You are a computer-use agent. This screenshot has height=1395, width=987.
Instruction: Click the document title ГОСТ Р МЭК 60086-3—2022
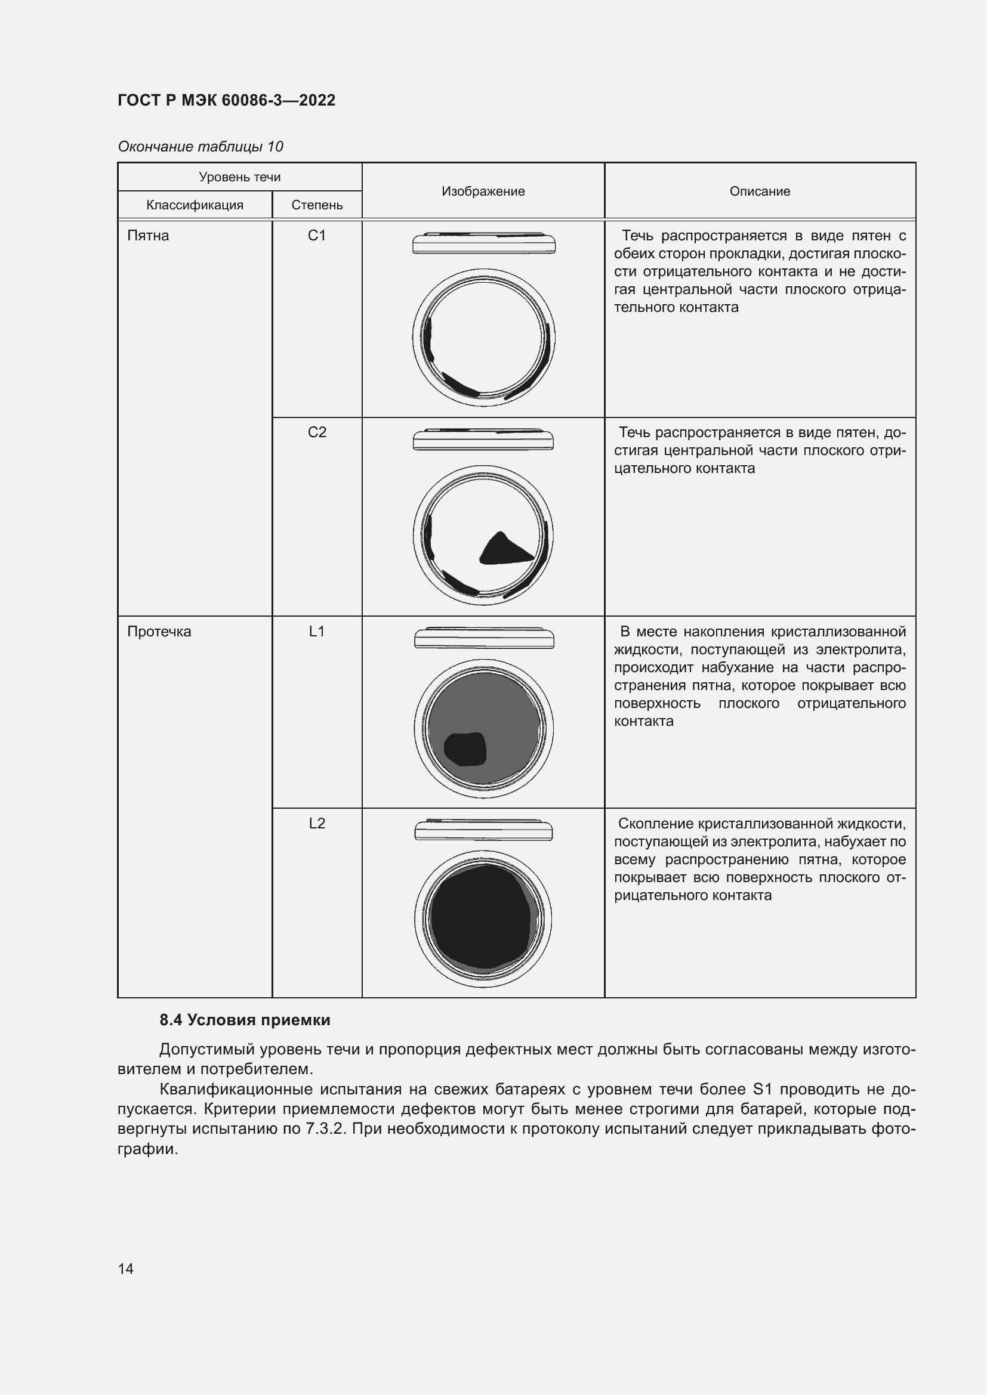(x=226, y=100)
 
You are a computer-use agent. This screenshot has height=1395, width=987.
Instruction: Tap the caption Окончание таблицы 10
(x=201, y=147)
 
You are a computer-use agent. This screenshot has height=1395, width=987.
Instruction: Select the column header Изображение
(x=483, y=191)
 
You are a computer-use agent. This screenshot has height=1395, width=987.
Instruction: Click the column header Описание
(x=760, y=191)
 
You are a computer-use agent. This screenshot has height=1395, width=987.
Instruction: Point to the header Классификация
(x=195, y=205)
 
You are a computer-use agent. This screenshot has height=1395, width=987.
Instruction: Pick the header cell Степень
(x=317, y=205)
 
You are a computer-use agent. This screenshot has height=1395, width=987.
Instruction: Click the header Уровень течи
(x=239, y=177)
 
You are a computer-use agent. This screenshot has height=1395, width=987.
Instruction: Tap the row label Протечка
(x=159, y=632)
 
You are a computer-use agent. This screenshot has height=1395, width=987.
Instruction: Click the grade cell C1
(x=317, y=236)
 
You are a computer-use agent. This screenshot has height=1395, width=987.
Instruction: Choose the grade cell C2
(x=317, y=432)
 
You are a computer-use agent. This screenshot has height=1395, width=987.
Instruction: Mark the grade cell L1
(x=317, y=632)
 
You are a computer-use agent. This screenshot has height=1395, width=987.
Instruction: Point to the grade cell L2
(x=317, y=824)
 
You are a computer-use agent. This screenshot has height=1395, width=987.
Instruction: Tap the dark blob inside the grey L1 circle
(x=465, y=748)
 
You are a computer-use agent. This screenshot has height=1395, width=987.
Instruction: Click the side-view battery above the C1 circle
(x=484, y=243)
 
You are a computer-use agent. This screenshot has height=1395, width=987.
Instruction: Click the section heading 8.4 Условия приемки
(x=245, y=1020)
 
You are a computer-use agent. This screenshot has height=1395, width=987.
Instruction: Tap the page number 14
(x=126, y=1269)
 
